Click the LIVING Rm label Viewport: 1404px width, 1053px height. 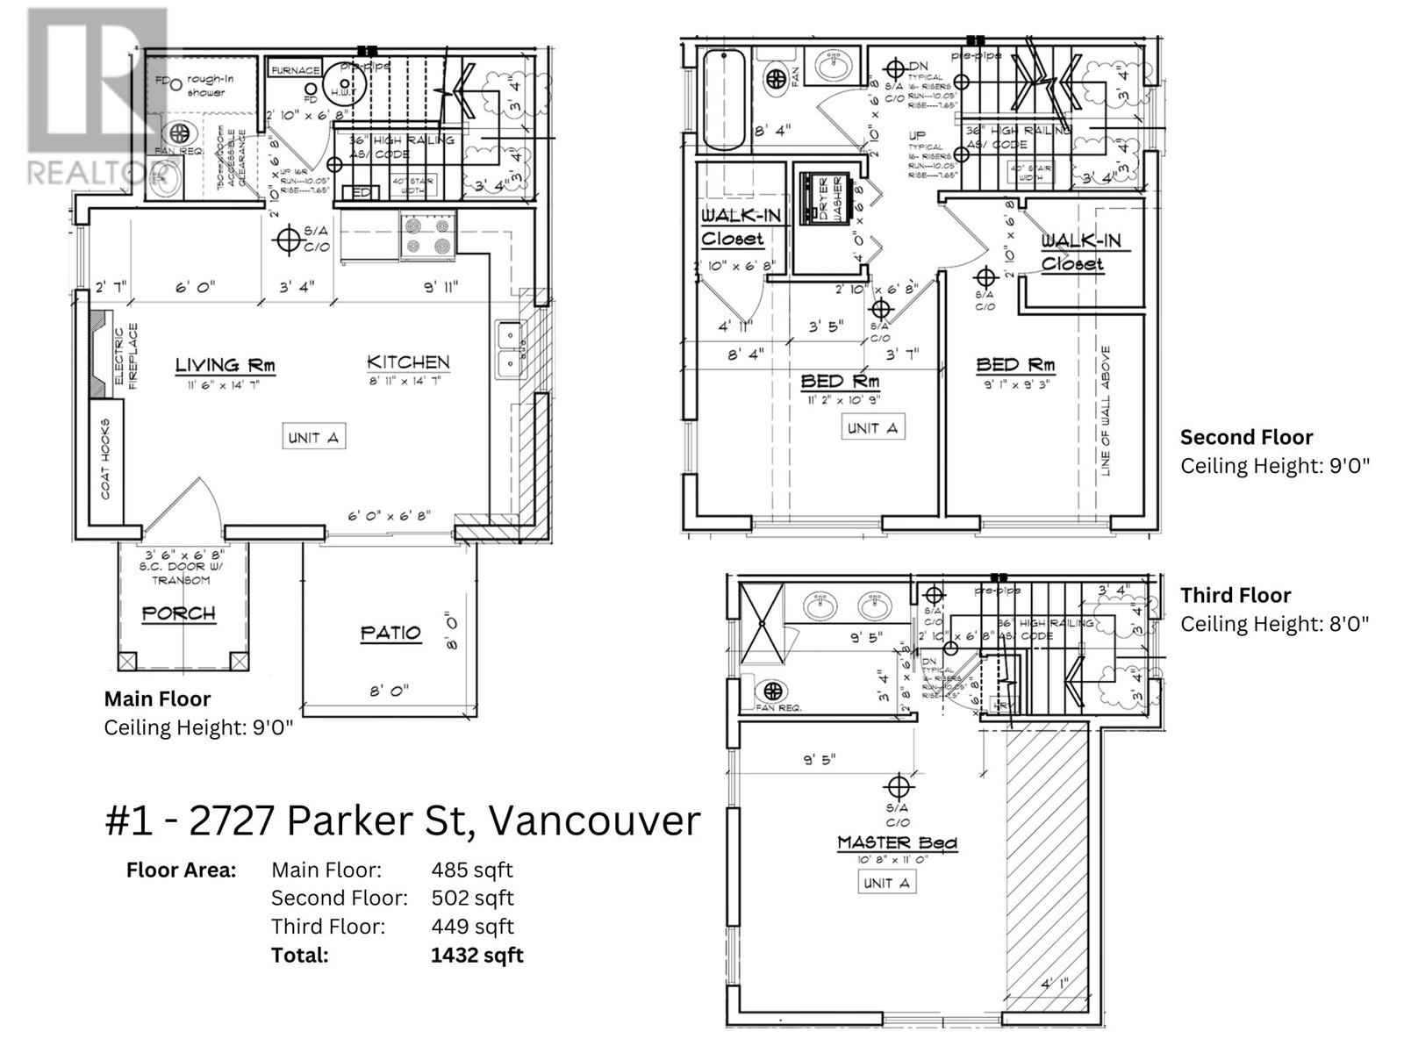coord(226,365)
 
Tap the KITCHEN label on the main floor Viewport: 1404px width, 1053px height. coord(408,362)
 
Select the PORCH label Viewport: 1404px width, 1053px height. coord(179,613)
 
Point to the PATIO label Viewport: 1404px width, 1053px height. coord(390,633)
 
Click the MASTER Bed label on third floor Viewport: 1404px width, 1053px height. coord(897,843)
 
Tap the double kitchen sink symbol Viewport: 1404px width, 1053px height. coord(509,349)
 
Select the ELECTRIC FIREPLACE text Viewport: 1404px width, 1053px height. coord(127,358)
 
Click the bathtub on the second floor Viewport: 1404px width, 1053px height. coord(723,101)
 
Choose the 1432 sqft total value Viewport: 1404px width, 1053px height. coord(476,955)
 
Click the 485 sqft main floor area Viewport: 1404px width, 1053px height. coord(471,870)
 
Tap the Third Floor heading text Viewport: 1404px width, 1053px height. coord(1235,596)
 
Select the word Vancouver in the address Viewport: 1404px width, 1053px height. coord(593,821)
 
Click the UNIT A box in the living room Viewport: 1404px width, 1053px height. coord(313,437)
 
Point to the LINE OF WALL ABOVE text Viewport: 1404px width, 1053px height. coord(1106,411)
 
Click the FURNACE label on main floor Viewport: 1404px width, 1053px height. coord(295,71)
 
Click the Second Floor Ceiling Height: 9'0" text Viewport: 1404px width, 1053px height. coord(1274,466)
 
